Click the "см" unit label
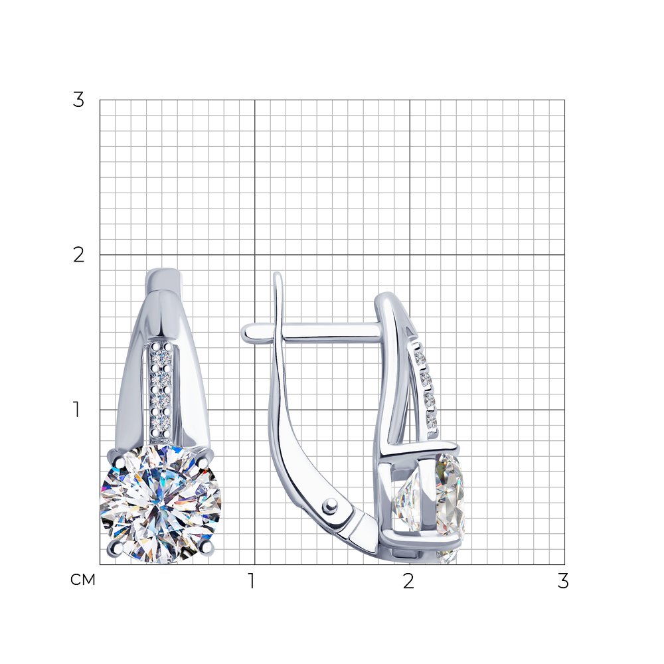click(x=83, y=580)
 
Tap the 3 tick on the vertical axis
click(x=78, y=100)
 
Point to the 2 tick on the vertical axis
click(x=79, y=255)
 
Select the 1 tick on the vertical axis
click(x=76, y=410)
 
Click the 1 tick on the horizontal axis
click(x=252, y=581)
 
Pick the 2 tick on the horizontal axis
click(x=408, y=581)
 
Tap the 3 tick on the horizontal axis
click(x=563, y=581)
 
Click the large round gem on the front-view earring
click(x=161, y=504)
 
